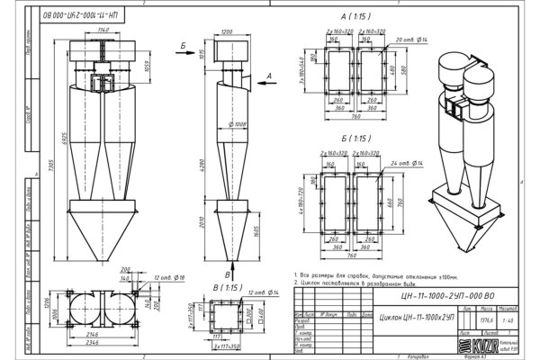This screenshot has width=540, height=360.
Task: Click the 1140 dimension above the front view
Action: click(x=105, y=31)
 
